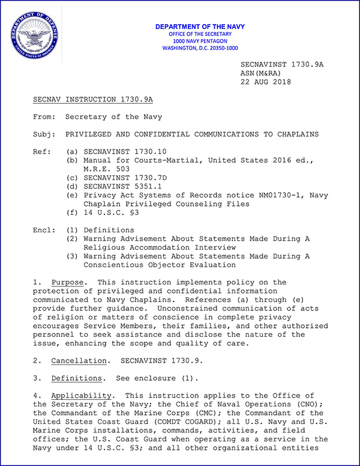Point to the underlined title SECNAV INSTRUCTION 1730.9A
point(93,99)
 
